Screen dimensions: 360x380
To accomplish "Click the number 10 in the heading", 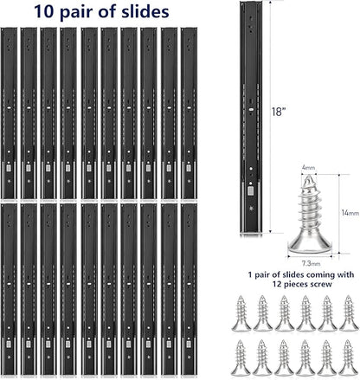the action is coord(43,12).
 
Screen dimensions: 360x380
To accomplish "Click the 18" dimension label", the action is coord(277,112).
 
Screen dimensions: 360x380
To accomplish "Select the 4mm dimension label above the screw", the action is coord(308,168).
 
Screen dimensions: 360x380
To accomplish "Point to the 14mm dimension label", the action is coord(350,213).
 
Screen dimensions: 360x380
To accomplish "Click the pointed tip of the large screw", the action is coord(308,176).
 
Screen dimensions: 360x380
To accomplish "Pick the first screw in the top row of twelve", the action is coord(241,313).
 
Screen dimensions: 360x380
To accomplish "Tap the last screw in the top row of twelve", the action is coord(349,313).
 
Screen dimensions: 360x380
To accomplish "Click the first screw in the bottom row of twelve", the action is coord(241,357).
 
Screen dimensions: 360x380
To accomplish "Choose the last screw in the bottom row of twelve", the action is coord(349,357).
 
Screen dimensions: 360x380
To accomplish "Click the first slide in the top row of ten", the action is coord(9,113).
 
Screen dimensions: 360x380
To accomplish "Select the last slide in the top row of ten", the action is coord(190,113).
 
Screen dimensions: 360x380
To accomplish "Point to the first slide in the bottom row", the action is coord(9,290).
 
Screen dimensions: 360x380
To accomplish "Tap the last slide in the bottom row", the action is coord(190,290).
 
